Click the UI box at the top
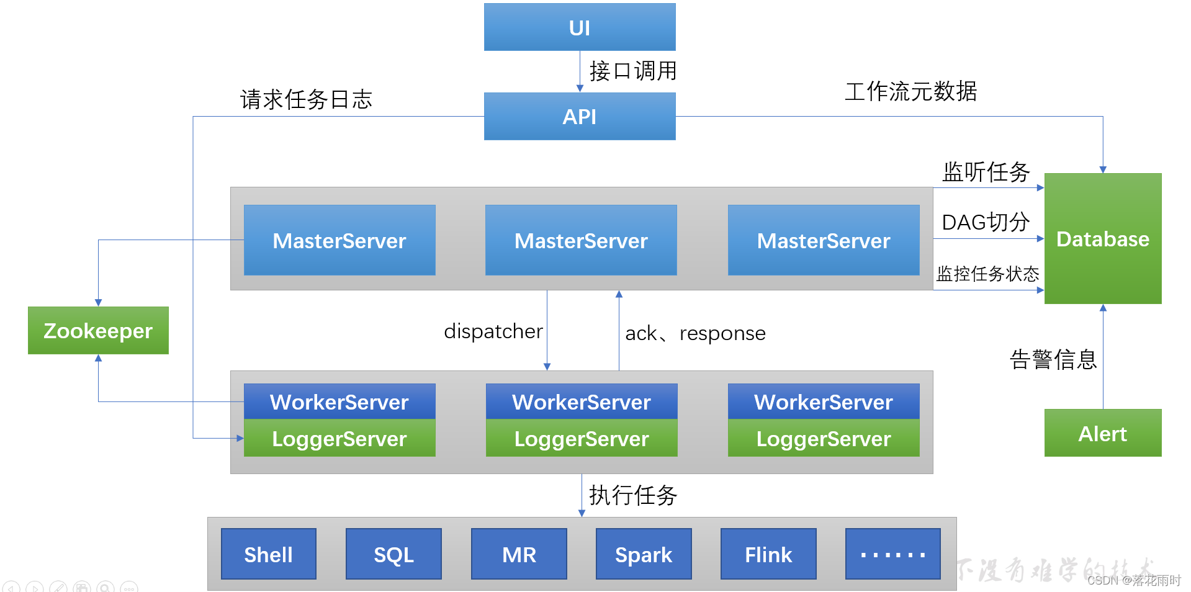pyautogui.click(x=579, y=27)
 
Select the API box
pyautogui.click(x=579, y=117)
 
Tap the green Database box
pyautogui.click(x=1102, y=239)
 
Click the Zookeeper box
pyautogui.click(x=98, y=331)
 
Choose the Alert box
pyautogui.click(x=1102, y=433)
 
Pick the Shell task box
pyautogui.click(x=268, y=554)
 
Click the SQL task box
pyautogui.click(x=393, y=554)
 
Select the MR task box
pyautogui.click(x=519, y=554)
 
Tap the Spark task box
pyautogui.click(x=644, y=554)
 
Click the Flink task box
pyautogui.click(x=768, y=554)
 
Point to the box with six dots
pyautogui.click(x=892, y=554)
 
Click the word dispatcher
pyautogui.click(x=493, y=331)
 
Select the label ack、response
pyautogui.click(x=695, y=334)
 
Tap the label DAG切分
pyautogui.click(x=986, y=222)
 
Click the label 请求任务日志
pyautogui.click(x=306, y=99)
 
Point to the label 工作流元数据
pyautogui.click(x=910, y=92)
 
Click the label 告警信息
pyautogui.click(x=1053, y=359)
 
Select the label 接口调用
pyautogui.click(x=632, y=71)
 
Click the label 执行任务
pyautogui.click(x=632, y=495)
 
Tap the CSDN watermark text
pyautogui.click(x=1133, y=580)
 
